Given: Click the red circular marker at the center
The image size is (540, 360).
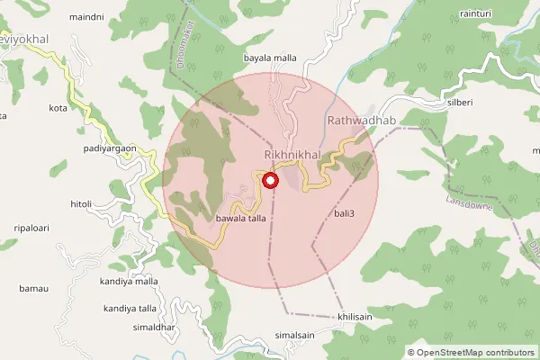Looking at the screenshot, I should (x=270, y=181).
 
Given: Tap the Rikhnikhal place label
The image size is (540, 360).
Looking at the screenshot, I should (x=292, y=156).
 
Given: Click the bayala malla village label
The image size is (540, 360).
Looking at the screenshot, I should (x=270, y=58).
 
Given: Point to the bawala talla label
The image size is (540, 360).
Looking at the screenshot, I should (x=241, y=219).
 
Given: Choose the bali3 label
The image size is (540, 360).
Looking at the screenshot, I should (x=345, y=213).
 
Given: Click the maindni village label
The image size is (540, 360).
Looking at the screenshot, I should (x=86, y=17).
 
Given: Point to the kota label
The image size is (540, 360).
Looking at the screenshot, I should (x=58, y=108).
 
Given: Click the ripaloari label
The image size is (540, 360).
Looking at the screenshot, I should (x=31, y=228).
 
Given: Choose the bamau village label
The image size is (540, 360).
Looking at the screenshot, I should (x=32, y=289).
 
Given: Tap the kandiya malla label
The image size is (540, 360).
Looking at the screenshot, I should (x=130, y=282).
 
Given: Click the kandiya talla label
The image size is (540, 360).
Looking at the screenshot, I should (x=130, y=308).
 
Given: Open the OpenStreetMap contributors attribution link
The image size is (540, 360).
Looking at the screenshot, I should (x=478, y=352).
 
